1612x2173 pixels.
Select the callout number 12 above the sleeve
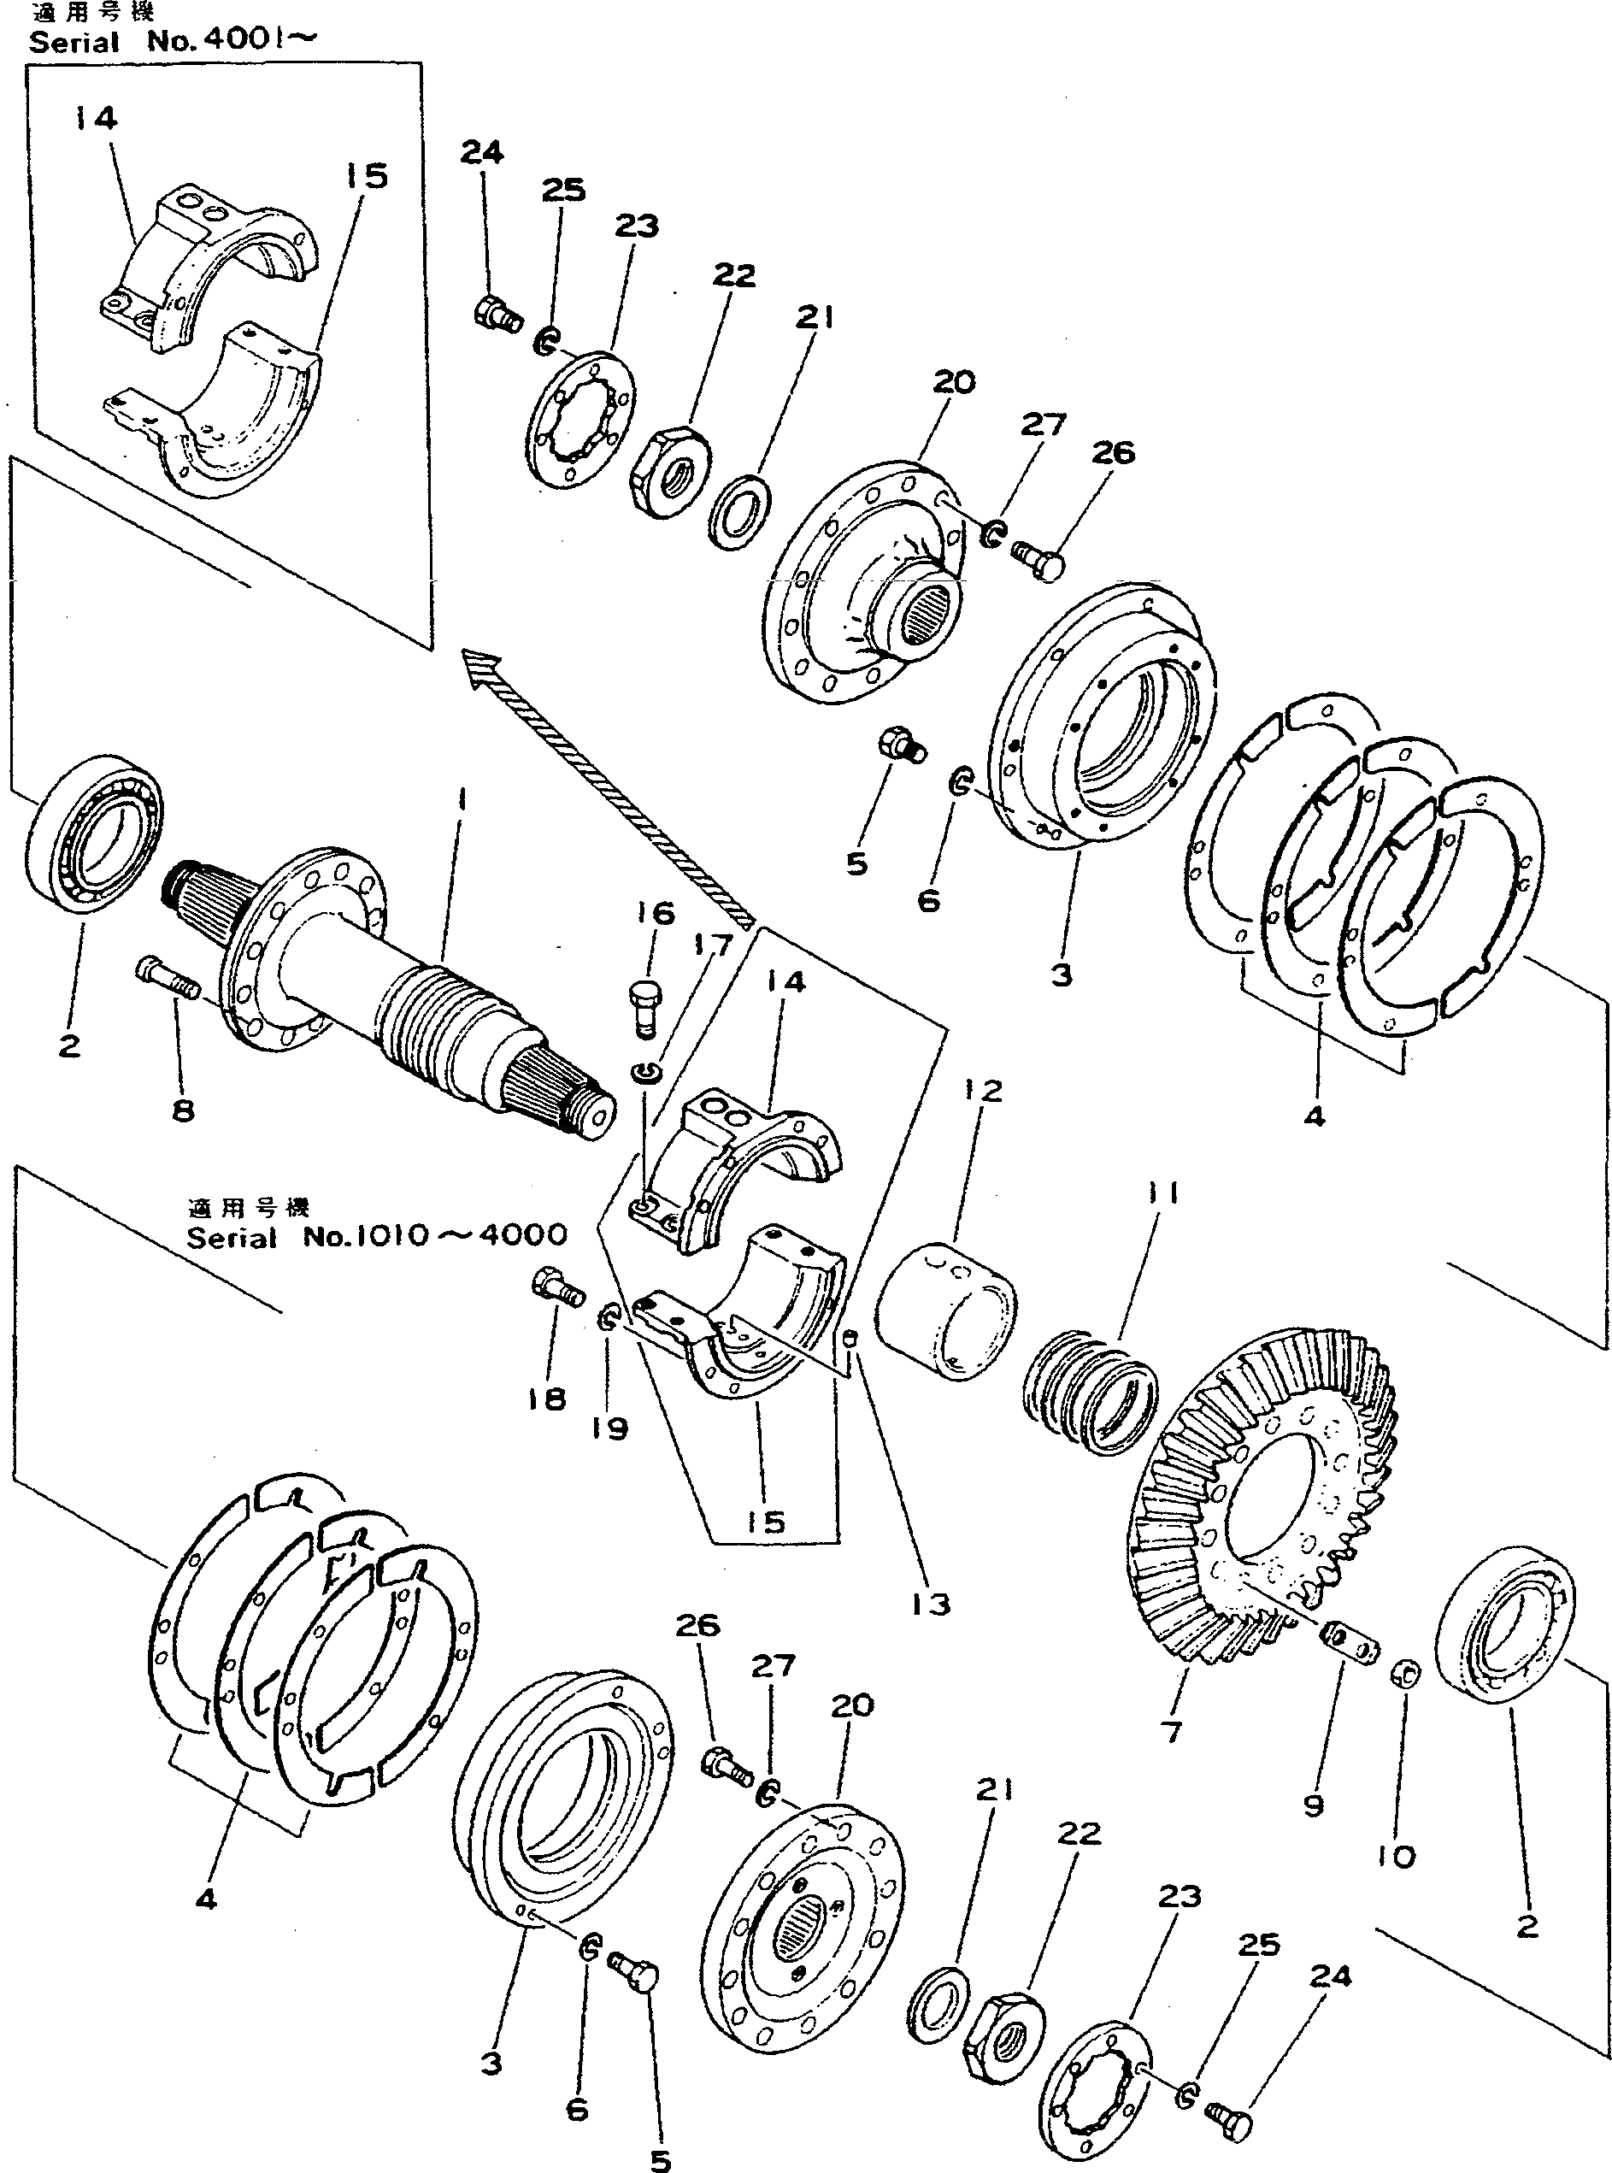pyautogui.click(x=983, y=1091)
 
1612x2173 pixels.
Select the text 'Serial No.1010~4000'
pyautogui.click(x=377, y=1235)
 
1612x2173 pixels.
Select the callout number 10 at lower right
pyautogui.click(x=1396, y=1857)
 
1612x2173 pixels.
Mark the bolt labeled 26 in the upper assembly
pyautogui.click(x=1038, y=559)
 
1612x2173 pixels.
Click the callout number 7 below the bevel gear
pyautogui.click(x=1170, y=1731)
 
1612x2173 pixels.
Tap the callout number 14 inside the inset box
pyautogui.click(x=95, y=119)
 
